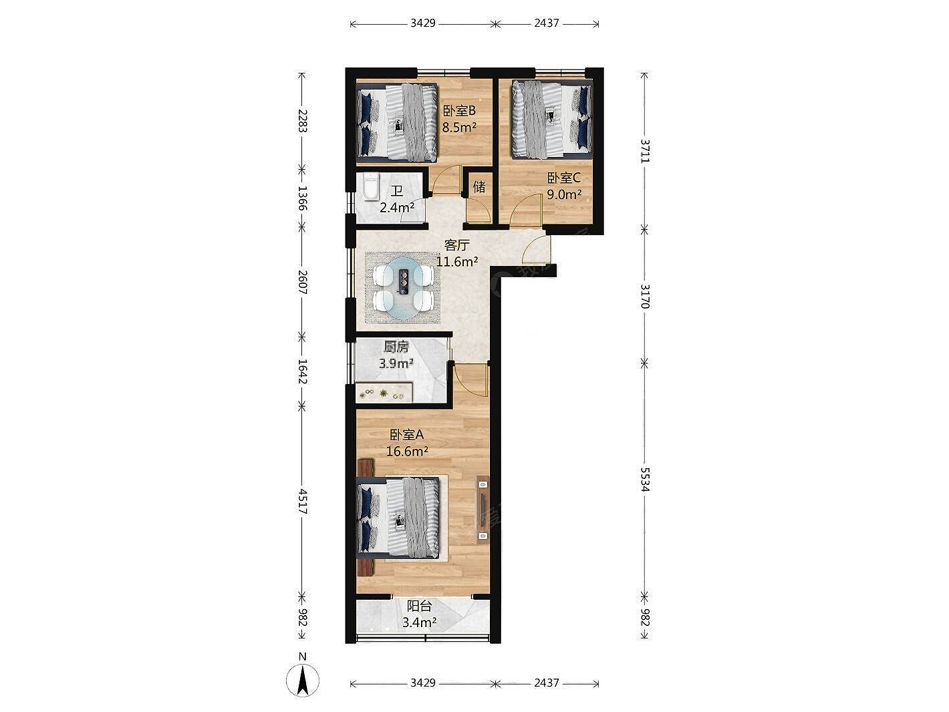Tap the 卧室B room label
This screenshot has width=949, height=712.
(x=459, y=111)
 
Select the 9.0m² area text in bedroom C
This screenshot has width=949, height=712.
(x=564, y=194)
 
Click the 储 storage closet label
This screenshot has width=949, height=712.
(x=479, y=187)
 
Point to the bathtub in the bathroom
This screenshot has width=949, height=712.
(x=370, y=186)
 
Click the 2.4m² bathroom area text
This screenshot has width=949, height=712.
(x=397, y=208)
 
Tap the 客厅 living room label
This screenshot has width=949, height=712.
(x=456, y=245)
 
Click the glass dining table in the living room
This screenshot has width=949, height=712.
(x=403, y=288)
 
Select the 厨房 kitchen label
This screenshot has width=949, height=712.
(x=396, y=347)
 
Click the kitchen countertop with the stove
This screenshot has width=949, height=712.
(x=384, y=393)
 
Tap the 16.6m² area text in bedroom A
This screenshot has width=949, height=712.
(x=407, y=452)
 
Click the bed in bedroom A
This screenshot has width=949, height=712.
(x=398, y=517)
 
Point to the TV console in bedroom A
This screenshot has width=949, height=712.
(x=483, y=510)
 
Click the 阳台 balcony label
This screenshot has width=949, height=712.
(x=419, y=606)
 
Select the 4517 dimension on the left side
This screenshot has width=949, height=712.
(x=303, y=502)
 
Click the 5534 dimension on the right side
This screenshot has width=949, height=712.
(x=645, y=479)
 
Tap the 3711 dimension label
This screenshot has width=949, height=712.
(x=645, y=151)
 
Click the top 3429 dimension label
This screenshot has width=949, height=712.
(x=423, y=23)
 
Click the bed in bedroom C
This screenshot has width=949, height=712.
(x=551, y=118)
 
